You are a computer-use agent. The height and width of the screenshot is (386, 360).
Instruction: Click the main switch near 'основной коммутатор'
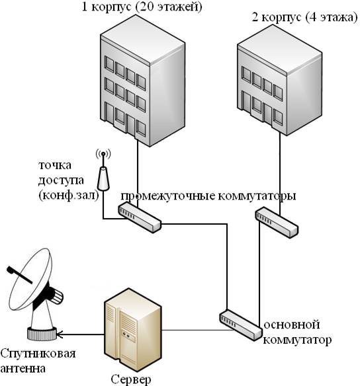[x=240, y=325]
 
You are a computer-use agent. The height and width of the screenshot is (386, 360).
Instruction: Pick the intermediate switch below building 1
[x=140, y=217]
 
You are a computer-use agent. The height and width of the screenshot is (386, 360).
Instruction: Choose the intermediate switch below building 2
[x=276, y=223]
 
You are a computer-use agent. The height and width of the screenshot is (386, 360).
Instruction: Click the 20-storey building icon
[x=143, y=90]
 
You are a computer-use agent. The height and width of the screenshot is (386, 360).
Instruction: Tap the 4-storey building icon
[x=280, y=84]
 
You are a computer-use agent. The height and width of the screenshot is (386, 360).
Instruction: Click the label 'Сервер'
[x=130, y=379]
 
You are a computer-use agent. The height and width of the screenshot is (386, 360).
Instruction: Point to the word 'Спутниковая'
[x=38, y=354]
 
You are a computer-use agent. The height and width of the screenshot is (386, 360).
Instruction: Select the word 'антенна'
[x=23, y=369]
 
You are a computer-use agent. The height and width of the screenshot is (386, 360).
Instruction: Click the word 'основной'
[x=292, y=325]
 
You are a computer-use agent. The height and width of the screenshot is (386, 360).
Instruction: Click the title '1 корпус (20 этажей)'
[x=142, y=7]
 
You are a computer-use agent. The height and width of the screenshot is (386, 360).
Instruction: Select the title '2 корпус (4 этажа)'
[x=304, y=17]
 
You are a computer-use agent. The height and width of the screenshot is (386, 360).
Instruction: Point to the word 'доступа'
[x=61, y=180]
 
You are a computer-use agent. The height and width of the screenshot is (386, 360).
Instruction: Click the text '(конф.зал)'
[x=69, y=196]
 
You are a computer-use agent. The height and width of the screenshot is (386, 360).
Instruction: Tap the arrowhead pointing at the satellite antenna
[x=60, y=334]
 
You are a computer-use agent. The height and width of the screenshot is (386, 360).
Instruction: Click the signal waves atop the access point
[x=103, y=154]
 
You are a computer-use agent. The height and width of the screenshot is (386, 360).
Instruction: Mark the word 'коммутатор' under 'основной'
[x=297, y=340]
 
